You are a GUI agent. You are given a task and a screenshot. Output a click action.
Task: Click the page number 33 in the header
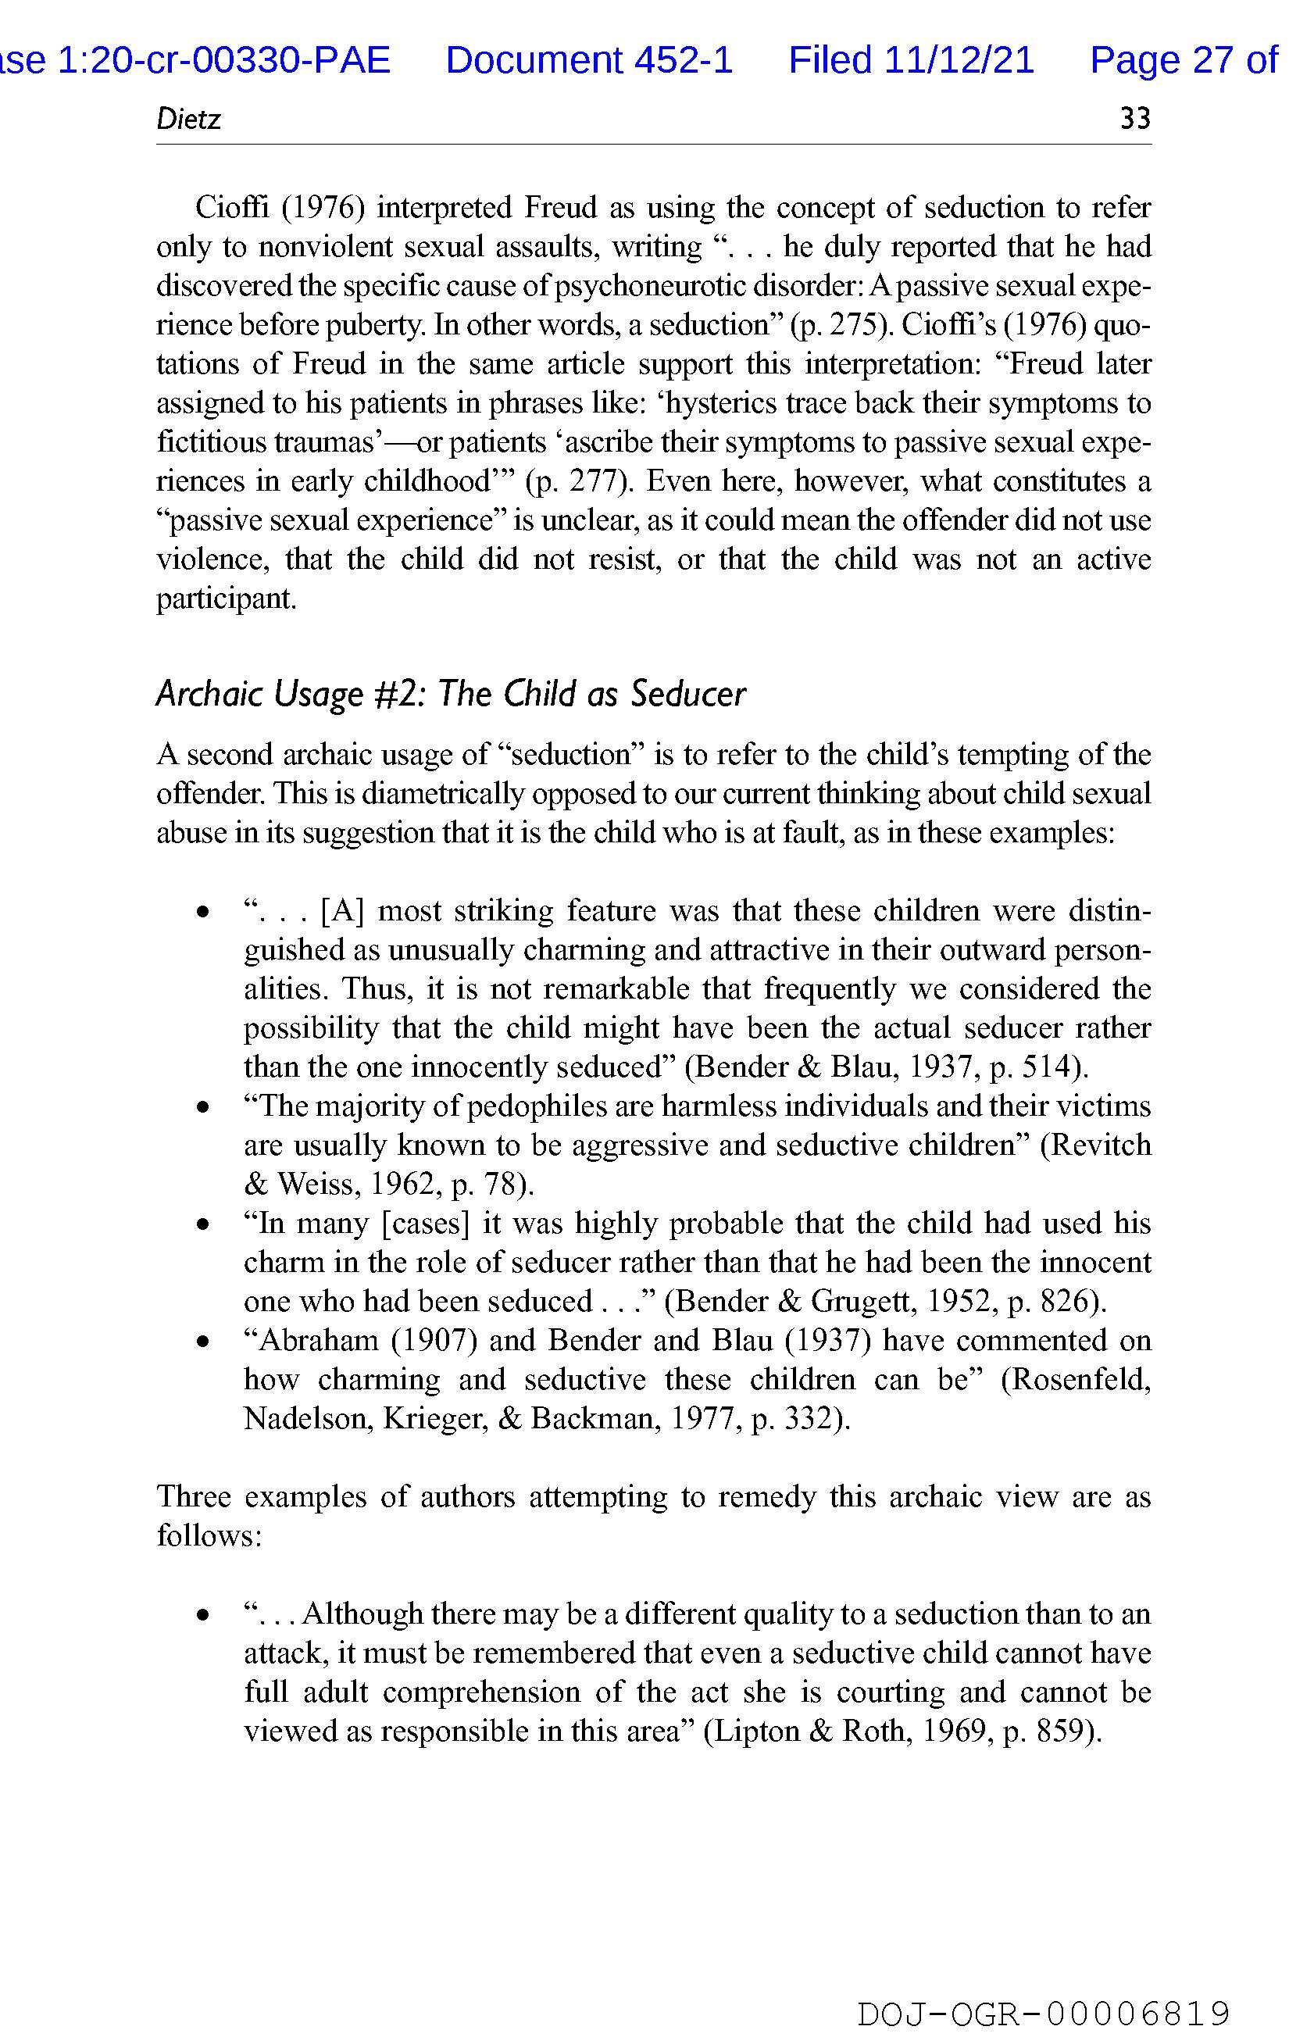[1134, 119]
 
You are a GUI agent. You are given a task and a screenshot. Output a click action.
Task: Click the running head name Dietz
[187, 119]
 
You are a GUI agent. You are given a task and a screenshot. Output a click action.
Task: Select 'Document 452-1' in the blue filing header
[589, 60]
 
